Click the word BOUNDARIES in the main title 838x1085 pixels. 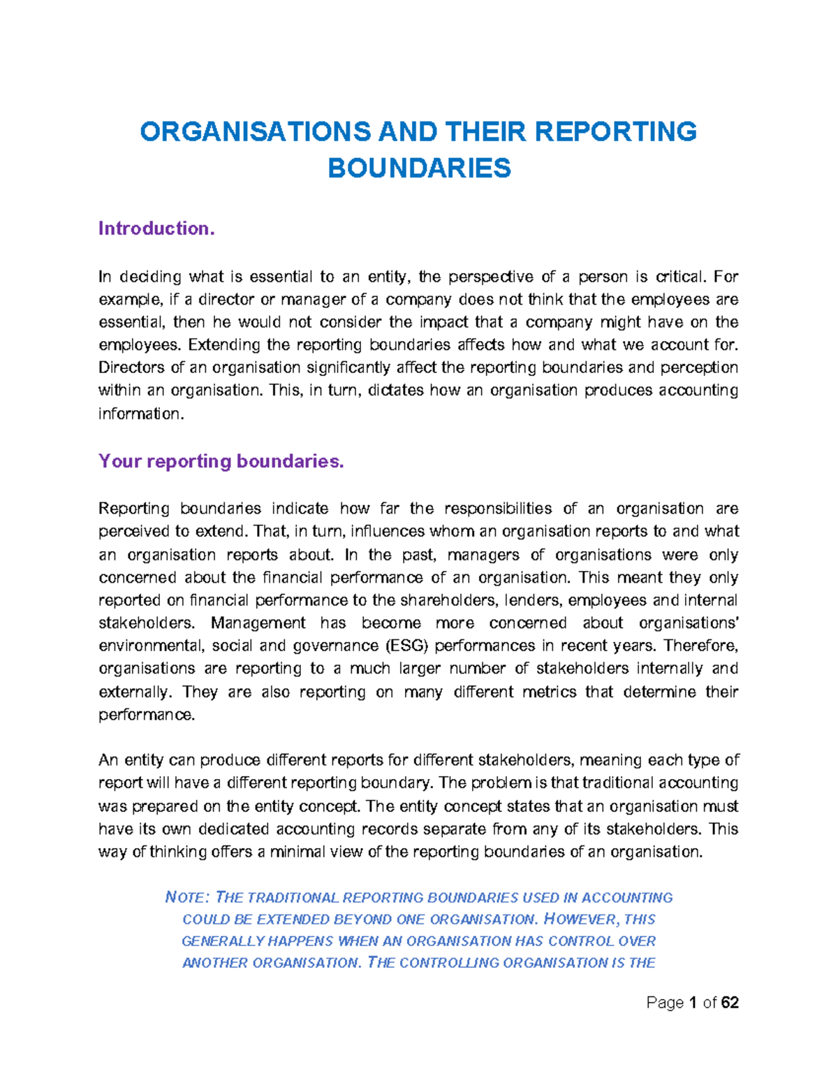419,168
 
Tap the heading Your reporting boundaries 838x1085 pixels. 221,461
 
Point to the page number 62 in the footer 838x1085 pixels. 730,1003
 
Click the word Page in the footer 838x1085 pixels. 665,1003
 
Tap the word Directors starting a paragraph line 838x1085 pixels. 131,367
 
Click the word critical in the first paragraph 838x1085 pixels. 680,277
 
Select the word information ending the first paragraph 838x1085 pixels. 141,414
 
